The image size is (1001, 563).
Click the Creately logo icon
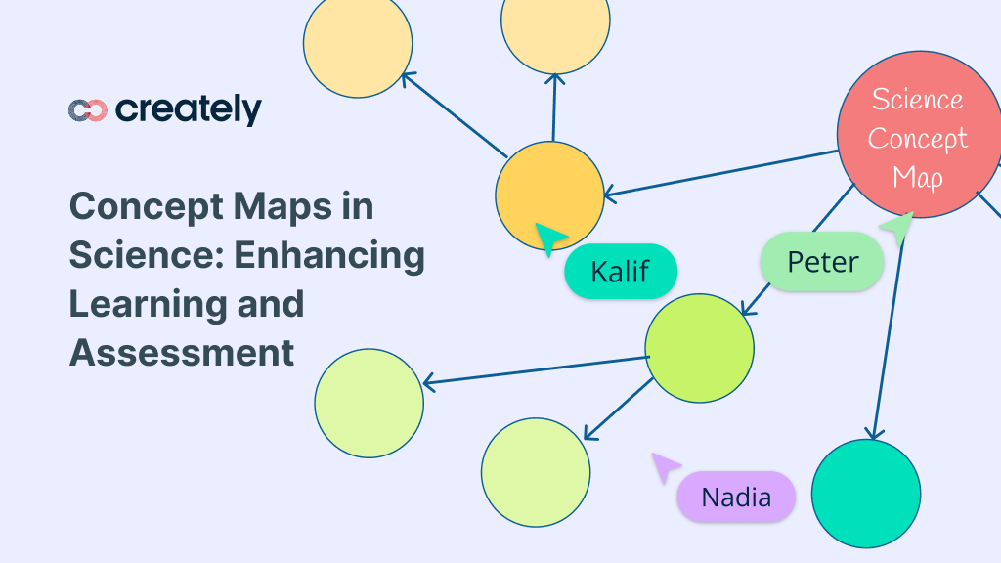88,110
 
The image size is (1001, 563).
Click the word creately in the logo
189,109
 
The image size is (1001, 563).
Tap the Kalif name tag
621,271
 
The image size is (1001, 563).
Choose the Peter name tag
822,262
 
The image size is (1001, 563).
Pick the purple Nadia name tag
736,497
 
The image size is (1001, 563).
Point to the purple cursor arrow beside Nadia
665,466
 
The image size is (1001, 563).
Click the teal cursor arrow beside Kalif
549,238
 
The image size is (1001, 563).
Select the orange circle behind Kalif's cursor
549,195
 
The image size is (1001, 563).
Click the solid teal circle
865,493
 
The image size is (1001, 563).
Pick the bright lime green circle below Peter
699,348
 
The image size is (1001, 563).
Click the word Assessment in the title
182,352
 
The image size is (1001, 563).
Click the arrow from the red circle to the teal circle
889,332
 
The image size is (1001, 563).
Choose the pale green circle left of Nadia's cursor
536,472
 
